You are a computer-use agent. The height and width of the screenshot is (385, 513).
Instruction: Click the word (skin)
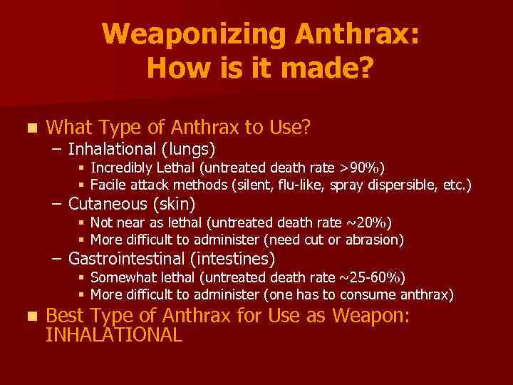172,204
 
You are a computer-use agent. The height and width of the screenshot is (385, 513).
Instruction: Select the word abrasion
376,240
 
